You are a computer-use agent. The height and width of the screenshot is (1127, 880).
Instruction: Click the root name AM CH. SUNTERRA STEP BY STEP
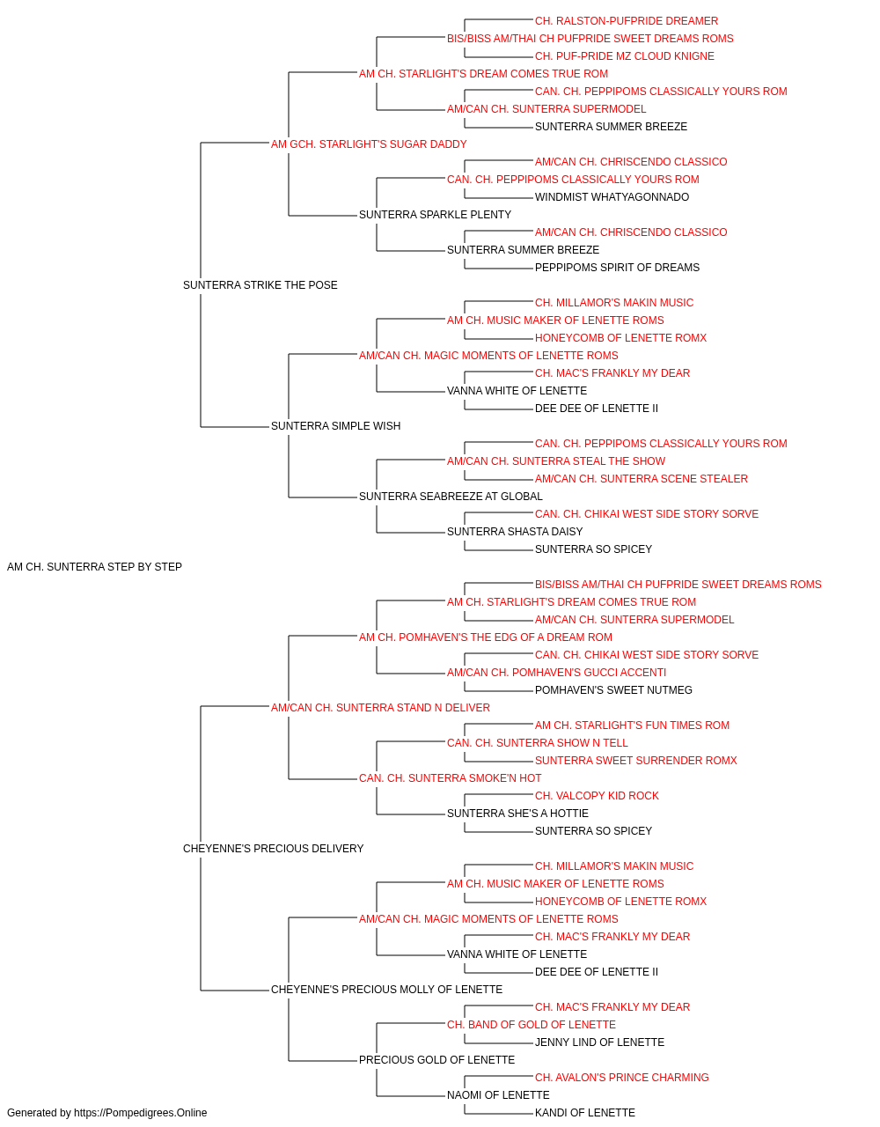click(x=94, y=567)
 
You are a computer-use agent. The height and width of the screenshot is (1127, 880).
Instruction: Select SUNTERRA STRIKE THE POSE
click(x=260, y=285)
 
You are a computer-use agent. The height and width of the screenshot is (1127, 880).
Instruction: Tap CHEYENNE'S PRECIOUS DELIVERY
click(x=273, y=849)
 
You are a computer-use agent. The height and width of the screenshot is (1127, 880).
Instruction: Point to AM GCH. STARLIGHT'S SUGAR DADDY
click(x=369, y=144)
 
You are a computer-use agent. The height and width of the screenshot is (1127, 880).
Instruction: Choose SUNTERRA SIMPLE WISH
click(x=335, y=426)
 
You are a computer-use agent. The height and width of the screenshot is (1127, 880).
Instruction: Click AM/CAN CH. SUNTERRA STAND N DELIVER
click(x=380, y=707)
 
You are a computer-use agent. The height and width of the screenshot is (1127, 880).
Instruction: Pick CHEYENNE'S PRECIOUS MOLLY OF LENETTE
click(x=386, y=989)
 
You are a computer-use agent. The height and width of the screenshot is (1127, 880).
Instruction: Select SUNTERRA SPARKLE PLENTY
click(x=435, y=215)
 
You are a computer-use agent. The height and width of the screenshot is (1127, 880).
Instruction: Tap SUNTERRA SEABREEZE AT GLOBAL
click(x=451, y=497)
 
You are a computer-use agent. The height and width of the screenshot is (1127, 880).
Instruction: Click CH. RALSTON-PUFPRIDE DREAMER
click(x=626, y=21)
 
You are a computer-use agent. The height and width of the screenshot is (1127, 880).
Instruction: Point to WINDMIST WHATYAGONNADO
click(x=612, y=197)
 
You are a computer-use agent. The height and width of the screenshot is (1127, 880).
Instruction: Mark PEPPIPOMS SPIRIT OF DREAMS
click(x=617, y=268)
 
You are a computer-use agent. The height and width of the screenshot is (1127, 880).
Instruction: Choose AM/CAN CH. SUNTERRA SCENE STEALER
click(x=642, y=479)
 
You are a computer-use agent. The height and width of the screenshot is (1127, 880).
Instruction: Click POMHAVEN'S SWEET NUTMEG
click(x=613, y=689)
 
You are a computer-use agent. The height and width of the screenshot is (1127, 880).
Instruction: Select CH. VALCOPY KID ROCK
click(x=597, y=796)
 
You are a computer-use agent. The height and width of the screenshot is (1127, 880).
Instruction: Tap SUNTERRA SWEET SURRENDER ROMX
click(x=635, y=761)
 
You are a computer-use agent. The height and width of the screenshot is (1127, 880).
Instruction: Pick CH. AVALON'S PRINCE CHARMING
click(x=621, y=1077)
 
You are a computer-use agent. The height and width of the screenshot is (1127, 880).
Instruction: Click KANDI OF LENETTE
click(x=584, y=1113)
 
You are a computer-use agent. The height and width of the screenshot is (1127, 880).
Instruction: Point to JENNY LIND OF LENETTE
click(x=599, y=1042)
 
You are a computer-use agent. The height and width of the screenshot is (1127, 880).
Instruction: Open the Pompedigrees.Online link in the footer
click(x=140, y=1113)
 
